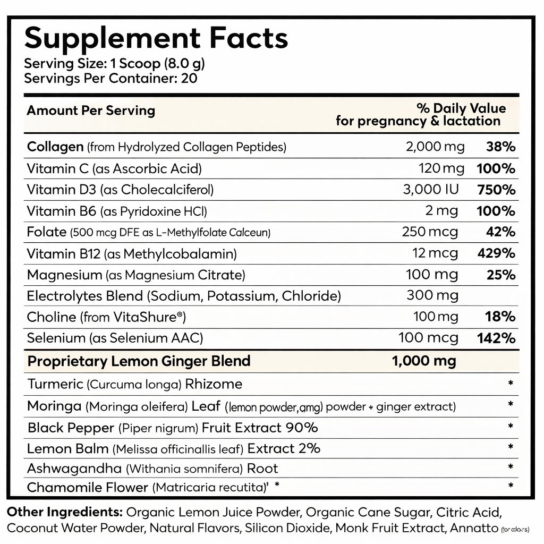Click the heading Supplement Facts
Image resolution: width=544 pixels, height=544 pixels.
pyautogui.click(x=156, y=38)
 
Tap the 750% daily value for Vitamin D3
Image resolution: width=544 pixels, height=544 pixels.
pyautogui.click(x=497, y=190)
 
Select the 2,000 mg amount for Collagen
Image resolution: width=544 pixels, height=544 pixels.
pyautogui.click(x=435, y=147)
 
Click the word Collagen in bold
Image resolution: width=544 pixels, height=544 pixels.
pyautogui.click(x=55, y=147)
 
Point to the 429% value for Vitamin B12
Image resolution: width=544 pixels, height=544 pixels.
pyautogui.click(x=497, y=253)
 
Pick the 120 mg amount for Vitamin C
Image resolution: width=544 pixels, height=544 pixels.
pyautogui.click(x=438, y=169)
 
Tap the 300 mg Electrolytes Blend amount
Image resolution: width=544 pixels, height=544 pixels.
pyautogui.click(x=432, y=295)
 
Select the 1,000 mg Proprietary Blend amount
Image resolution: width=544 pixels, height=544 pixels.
pyautogui.click(x=423, y=361)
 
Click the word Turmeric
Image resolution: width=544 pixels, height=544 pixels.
pyautogui.click(x=55, y=384)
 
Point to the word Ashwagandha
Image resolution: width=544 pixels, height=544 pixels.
pyautogui.click(x=74, y=469)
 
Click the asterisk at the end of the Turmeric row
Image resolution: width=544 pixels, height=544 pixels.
pyautogui.click(x=510, y=384)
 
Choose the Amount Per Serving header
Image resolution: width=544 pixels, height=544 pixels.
pyautogui.click(x=91, y=110)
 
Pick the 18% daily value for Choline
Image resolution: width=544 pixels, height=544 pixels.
pyautogui.click(x=500, y=317)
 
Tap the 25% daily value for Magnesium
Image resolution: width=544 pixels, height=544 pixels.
pyautogui.click(x=500, y=275)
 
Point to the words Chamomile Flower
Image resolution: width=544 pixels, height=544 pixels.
pyautogui.click(x=88, y=487)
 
